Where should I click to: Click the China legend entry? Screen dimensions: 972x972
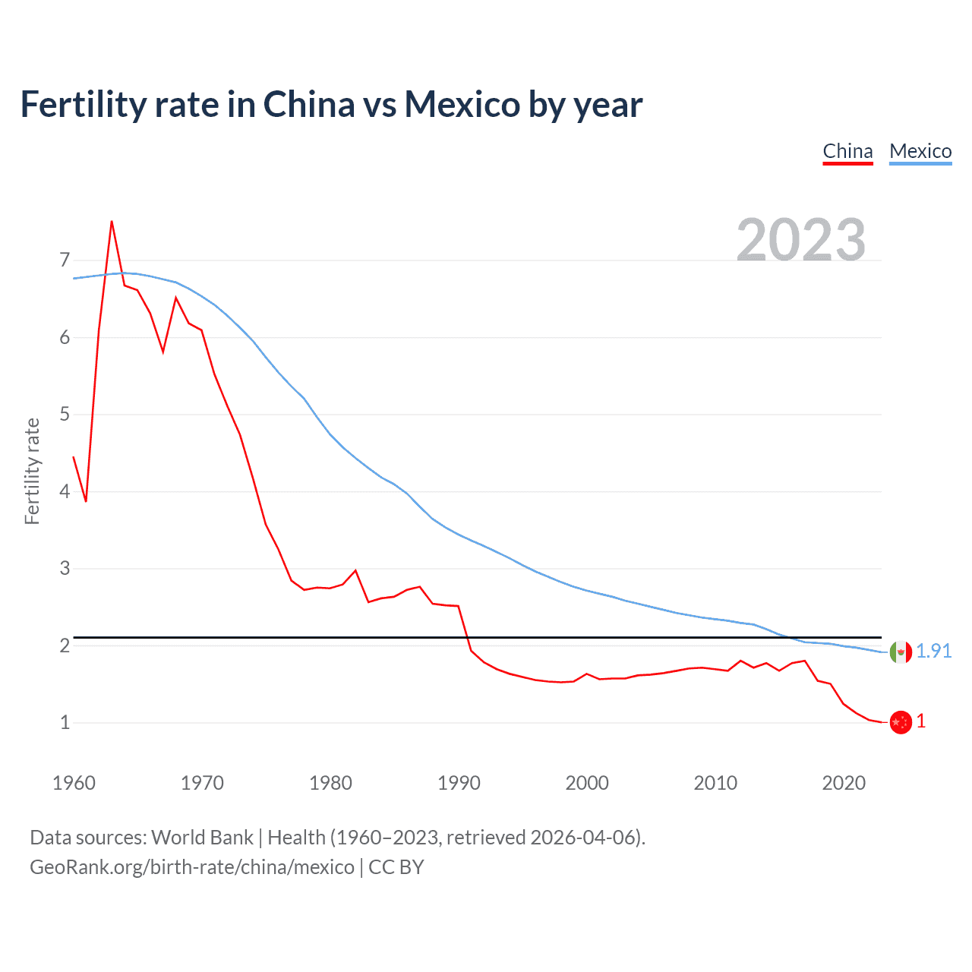[847, 151]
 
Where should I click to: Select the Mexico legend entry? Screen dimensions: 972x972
[920, 151]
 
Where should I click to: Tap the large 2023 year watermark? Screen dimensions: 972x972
[800, 240]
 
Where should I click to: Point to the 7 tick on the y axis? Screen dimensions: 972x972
[65, 260]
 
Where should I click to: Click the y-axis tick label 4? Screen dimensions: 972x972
[65, 491]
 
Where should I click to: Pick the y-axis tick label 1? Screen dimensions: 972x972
[65, 722]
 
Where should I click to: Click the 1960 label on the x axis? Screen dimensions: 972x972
[74, 783]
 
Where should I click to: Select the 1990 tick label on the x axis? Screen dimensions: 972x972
[459, 783]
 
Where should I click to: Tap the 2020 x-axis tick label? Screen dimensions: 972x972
[844, 783]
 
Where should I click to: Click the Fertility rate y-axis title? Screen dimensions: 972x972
[32, 471]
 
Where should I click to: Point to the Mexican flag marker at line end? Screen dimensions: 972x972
[901, 652]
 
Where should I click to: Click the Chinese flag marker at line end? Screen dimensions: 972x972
[901, 722]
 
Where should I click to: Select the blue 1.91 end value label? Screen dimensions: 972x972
[933, 651]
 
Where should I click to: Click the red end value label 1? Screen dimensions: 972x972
[921, 721]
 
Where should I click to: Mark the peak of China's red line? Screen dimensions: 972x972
[112, 222]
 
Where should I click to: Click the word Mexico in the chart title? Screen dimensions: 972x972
[462, 104]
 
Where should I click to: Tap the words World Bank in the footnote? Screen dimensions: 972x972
[202, 838]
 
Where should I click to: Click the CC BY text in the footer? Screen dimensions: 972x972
[396, 867]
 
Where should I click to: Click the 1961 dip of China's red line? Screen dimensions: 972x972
[86, 501]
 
